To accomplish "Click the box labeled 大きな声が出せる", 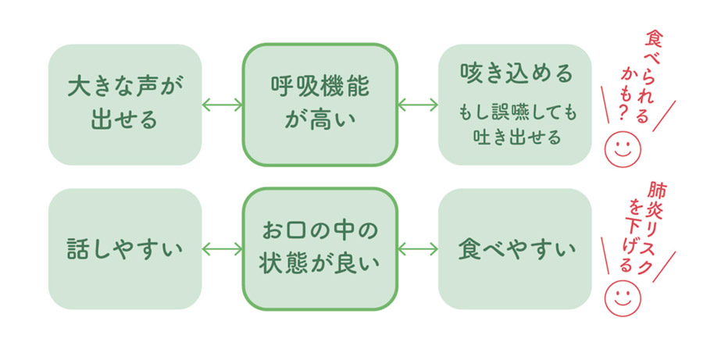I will [125, 104].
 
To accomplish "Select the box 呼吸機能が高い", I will [319, 104].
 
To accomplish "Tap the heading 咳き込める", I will [515, 75].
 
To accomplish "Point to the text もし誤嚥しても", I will [516, 114].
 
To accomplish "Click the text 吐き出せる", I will [516, 137].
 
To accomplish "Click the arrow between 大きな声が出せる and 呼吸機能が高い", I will [222, 105].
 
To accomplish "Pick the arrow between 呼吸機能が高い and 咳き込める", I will [417, 105].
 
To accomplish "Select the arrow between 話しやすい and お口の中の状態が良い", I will [222, 249].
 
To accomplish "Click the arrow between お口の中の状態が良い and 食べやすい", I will [417, 249].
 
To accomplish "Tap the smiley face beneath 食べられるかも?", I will [623, 148].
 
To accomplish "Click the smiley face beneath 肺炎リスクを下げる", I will [623, 295].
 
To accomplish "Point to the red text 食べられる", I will [651, 74].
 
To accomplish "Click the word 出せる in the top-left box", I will [125, 119].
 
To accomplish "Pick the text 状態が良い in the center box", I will [319, 264].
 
